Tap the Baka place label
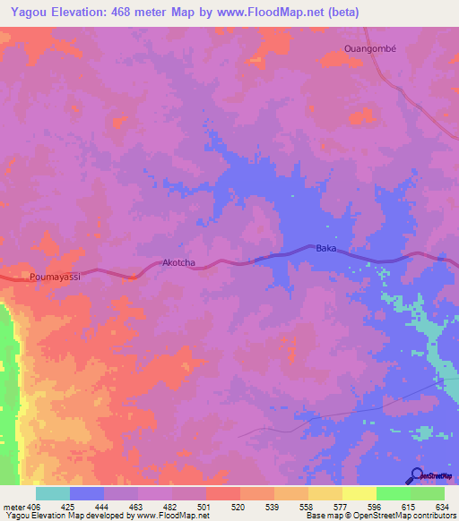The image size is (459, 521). pos(325,248)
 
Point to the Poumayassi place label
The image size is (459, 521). pos(55,278)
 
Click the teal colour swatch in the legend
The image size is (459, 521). pos(52,492)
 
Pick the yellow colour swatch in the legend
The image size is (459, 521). pos(359,492)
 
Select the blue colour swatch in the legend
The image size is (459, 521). pos(86,492)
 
